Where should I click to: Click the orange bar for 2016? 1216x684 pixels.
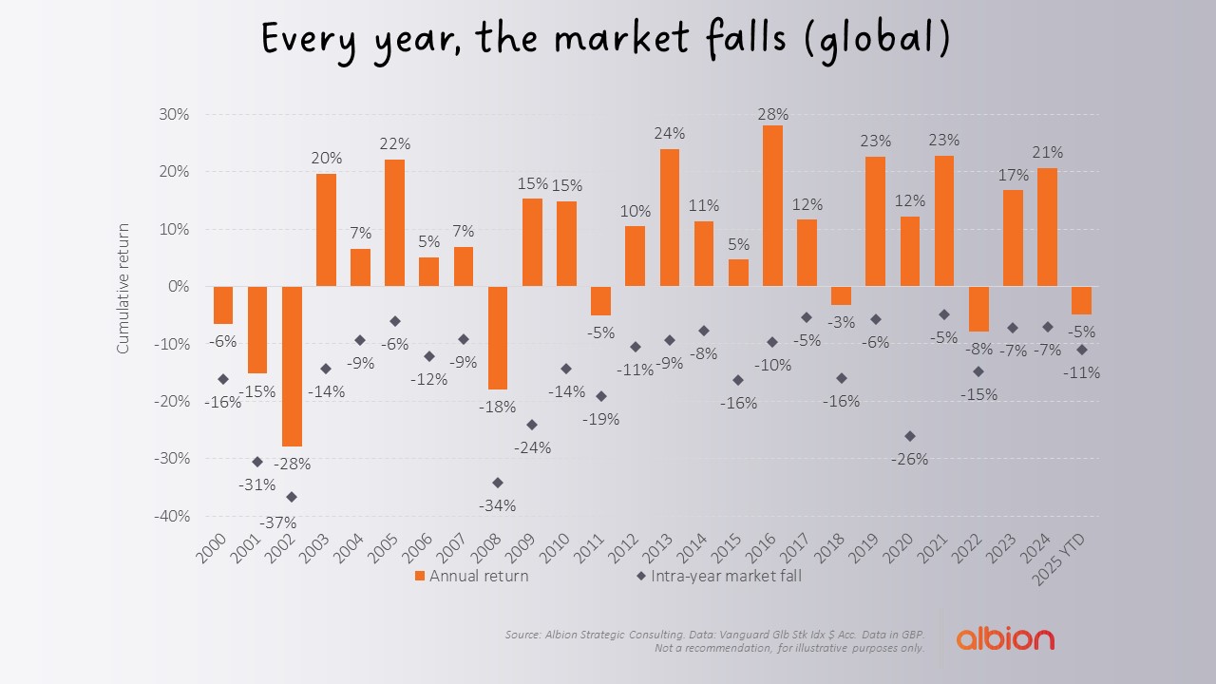tap(772, 205)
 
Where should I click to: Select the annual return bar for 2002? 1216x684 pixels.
tap(292, 366)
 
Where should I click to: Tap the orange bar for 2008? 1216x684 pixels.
tap(498, 337)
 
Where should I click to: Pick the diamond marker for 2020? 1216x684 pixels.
tap(910, 436)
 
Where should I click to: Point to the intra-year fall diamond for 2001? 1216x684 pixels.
tap(257, 462)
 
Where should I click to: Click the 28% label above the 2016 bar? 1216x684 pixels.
tap(773, 114)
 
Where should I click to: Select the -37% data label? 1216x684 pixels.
tap(278, 522)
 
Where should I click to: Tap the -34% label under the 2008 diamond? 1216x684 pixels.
tap(497, 505)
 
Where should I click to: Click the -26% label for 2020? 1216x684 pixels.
tap(909, 459)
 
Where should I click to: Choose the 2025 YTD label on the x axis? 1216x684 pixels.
tap(1072, 560)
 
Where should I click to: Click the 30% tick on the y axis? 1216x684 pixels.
tap(175, 114)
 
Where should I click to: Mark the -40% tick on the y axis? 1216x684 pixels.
tap(172, 516)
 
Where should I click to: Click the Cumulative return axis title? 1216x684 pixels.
tap(123, 286)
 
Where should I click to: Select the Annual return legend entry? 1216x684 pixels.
tap(471, 576)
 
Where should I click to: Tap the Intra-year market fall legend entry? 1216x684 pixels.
tap(718, 576)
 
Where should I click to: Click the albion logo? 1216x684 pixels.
tap(1005, 637)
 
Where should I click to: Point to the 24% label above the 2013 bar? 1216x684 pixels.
tap(670, 134)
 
